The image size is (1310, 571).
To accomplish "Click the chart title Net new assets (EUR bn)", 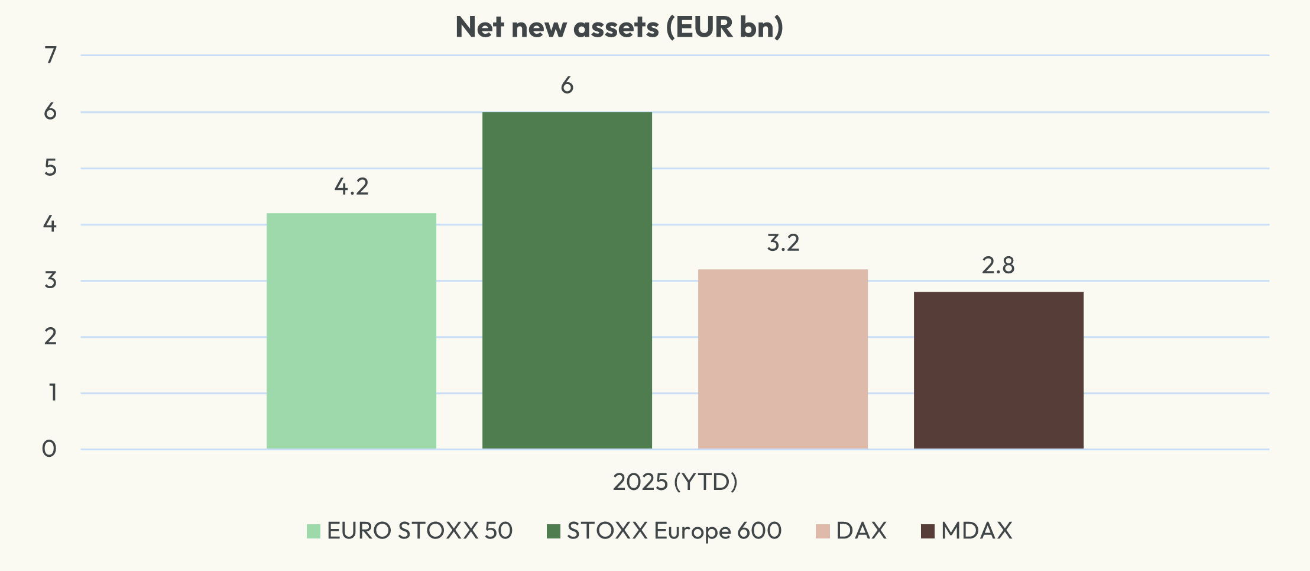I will pyautogui.click(x=619, y=27).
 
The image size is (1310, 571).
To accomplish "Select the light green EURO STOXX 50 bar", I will pyautogui.click(x=351, y=331).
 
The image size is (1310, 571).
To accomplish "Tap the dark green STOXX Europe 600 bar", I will pyautogui.click(x=567, y=281).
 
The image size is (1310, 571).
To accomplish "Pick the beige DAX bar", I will pyautogui.click(x=783, y=359).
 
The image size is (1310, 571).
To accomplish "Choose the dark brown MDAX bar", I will pyautogui.click(x=998, y=370).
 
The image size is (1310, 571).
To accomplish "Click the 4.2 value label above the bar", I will pyautogui.click(x=351, y=187).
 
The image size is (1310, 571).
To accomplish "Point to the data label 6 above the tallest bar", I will pyautogui.click(x=567, y=86).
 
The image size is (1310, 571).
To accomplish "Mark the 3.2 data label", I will pyautogui.click(x=783, y=243).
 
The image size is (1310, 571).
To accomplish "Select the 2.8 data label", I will pyautogui.click(x=998, y=266).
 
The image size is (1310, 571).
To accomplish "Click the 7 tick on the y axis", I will pyautogui.click(x=51, y=55).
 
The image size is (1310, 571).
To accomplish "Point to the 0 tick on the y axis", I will pyautogui.click(x=50, y=449).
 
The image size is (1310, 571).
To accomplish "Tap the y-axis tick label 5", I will pyautogui.click(x=51, y=168).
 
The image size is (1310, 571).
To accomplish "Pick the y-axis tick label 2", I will pyautogui.click(x=51, y=337).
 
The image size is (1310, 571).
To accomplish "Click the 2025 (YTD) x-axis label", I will pyautogui.click(x=675, y=482).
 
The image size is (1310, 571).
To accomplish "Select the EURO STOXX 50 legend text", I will pyautogui.click(x=420, y=531).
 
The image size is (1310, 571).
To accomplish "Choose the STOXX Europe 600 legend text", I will pyautogui.click(x=674, y=531).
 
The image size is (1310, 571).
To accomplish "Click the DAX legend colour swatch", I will pyautogui.click(x=823, y=531).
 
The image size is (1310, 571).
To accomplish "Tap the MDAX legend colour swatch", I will pyautogui.click(x=928, y=531).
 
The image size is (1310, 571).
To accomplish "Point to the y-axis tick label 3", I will pyautogui.click(x=51, y=280).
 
